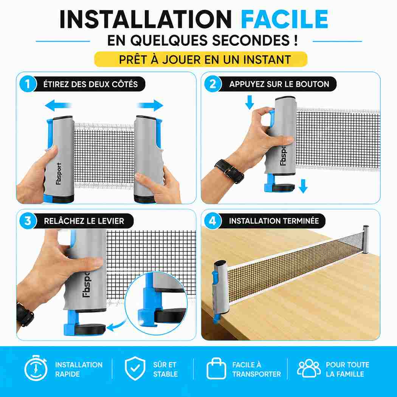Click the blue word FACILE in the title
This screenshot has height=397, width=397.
pyautogui.click(x=285, y=19)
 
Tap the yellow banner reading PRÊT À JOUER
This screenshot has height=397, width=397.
pyautogui.click(x=201, y=59)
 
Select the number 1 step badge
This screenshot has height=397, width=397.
pyautogui.click(x=28, y=84)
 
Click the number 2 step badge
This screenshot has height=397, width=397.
pyautogui.click(x=212, y=84)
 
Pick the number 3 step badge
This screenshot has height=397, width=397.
pyautogui.click(x=28, y=221)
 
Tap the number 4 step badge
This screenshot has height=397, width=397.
pyautogui.click(x=212, y=221)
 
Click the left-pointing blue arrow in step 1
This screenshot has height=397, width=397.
pyautogui.click(x=58, y=105)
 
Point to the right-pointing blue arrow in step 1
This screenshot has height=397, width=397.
pyautogui.click(x=150, y=105)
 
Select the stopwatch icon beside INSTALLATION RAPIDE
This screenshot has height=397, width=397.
pyautogui.click(x=36, y=368)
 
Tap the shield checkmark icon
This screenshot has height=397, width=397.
pyautogui.click(x=135, y=368)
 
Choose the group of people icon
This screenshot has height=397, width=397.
pyautogui.click(x=309, y=368)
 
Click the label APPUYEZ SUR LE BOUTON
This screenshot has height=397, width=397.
pyautogui.click(x=279, y=84)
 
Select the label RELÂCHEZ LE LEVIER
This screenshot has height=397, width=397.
pyautogui.click(x=84, y=221)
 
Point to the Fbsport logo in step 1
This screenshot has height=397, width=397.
pyautogui.click(x=59, y=174)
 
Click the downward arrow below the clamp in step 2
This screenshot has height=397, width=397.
pyautogui.click(x=303, y=186)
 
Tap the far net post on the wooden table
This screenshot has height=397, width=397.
pyautogui.click(x=366, y=239)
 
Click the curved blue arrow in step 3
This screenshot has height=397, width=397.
pyautogui.click(x=117, y=325)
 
